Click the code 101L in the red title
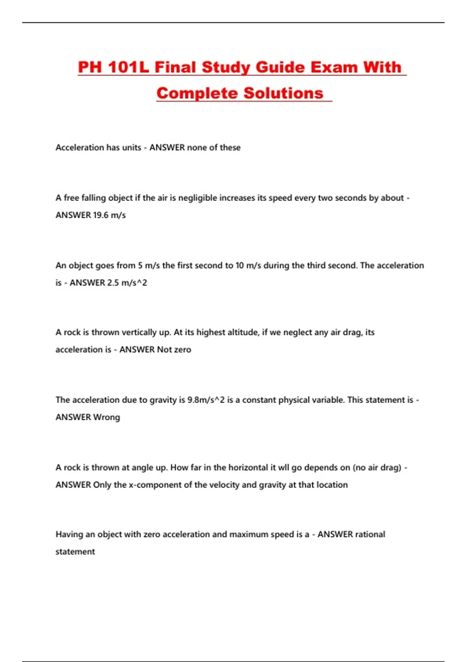(x=128, y=67)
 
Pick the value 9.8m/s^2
(x=206, y=400)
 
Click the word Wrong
(x=107, y=417)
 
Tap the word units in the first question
(x=132, y=148)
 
